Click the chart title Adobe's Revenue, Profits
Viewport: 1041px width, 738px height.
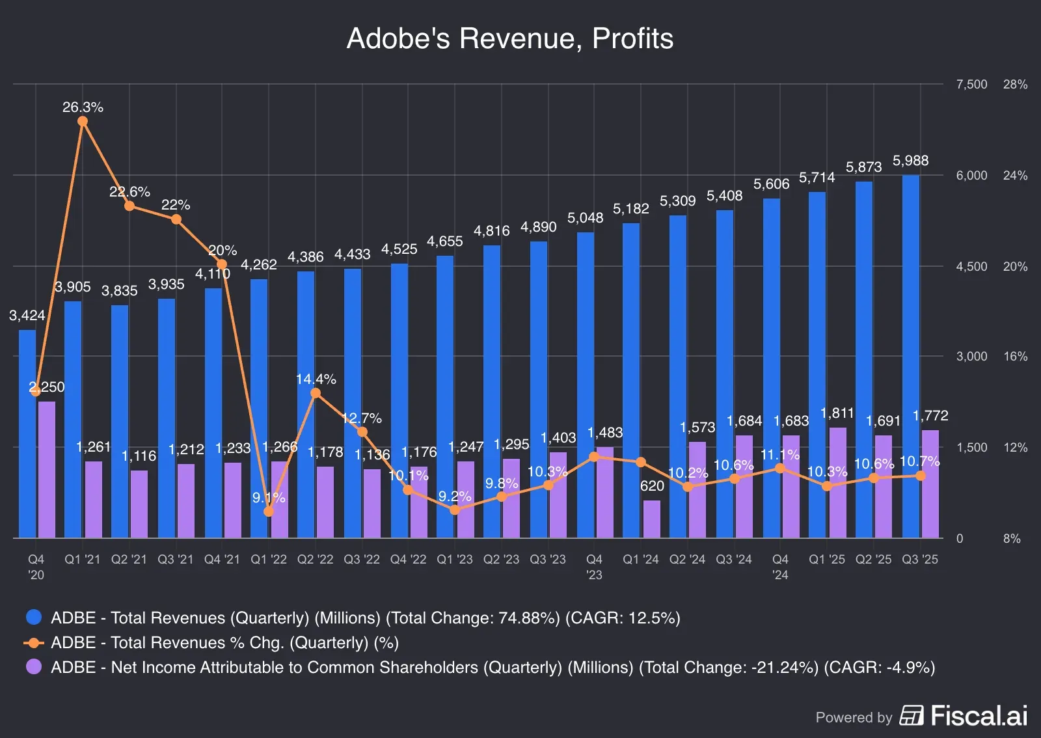[509, 38]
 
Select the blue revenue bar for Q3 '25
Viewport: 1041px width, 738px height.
[911, 356]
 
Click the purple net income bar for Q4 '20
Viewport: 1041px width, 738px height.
[47, 469]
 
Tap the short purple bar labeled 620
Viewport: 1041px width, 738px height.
[652, 519]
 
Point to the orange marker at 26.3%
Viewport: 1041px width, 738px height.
[83, 122]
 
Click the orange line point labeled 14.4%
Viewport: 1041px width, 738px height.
[316, 393]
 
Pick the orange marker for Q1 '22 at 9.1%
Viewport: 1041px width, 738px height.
[269, 512]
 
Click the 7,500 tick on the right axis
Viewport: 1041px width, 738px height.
[971, 85]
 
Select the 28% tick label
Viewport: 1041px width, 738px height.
[1015, 85]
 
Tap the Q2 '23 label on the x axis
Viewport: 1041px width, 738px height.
[501, 560]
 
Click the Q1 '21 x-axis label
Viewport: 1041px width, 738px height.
[83, 560]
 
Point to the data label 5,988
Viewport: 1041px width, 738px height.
[910, 161]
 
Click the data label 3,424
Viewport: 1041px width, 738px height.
[27, 316]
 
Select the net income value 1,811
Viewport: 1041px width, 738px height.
[837, 413]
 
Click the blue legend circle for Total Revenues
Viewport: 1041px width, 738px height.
[34, 617]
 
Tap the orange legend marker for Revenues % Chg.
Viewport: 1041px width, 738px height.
[34, 643]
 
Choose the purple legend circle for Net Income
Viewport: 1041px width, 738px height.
[34, 667]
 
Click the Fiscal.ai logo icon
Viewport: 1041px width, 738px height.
[912, 715]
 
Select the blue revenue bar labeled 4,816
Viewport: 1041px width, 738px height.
[492, 391]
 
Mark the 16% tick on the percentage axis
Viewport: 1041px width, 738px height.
[1015, 357]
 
